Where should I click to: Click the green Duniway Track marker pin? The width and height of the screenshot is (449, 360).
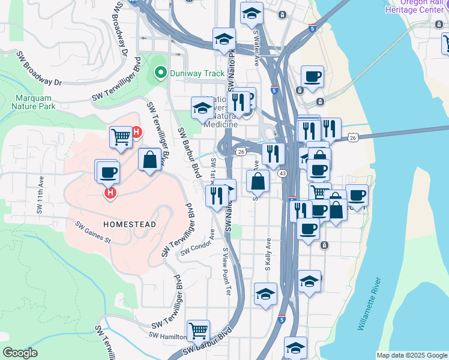coord(160,74)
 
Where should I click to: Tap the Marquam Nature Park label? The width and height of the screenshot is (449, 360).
coord(33,101)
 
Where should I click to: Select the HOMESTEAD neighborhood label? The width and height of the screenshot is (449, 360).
coord(130,224)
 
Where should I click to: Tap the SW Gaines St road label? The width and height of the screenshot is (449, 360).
coord(93,233)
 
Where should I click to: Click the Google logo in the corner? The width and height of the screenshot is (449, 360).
coord(20,353)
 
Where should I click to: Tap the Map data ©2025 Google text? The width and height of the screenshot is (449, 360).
coord(411,355)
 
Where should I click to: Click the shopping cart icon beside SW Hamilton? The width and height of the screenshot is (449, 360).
coord(198,330)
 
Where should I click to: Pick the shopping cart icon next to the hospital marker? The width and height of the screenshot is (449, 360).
coord(121,137)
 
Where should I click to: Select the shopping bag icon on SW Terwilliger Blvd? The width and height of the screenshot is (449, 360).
coord(149,160)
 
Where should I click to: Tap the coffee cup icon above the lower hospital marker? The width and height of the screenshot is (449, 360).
coord(108,172)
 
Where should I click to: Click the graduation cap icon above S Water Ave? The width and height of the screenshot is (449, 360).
coord(252,12)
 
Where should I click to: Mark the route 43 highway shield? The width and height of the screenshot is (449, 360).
coord(282,173)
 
